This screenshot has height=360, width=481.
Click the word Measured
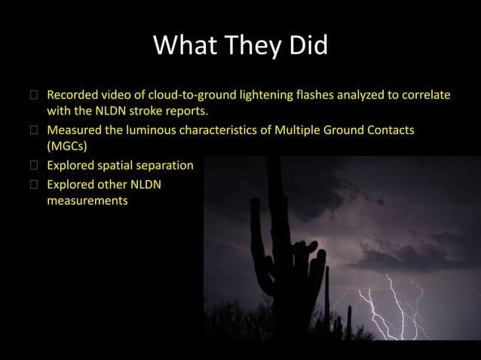73,130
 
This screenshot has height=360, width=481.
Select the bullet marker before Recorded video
33,96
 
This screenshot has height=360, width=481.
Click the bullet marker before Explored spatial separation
33,164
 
